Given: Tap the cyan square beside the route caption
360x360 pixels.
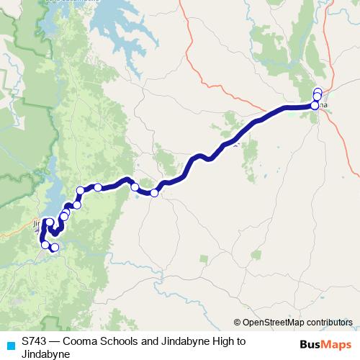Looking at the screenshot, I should pos(9,343).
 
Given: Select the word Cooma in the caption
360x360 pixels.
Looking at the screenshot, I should pos(81,341).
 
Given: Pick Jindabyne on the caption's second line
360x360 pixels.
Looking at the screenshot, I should pos(45,354).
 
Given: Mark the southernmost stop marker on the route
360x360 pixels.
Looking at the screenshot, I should pos(54,248).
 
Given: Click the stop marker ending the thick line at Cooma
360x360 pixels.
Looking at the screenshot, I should pos(315,106).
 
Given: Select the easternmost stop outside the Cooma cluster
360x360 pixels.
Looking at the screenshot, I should pos(154,192).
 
